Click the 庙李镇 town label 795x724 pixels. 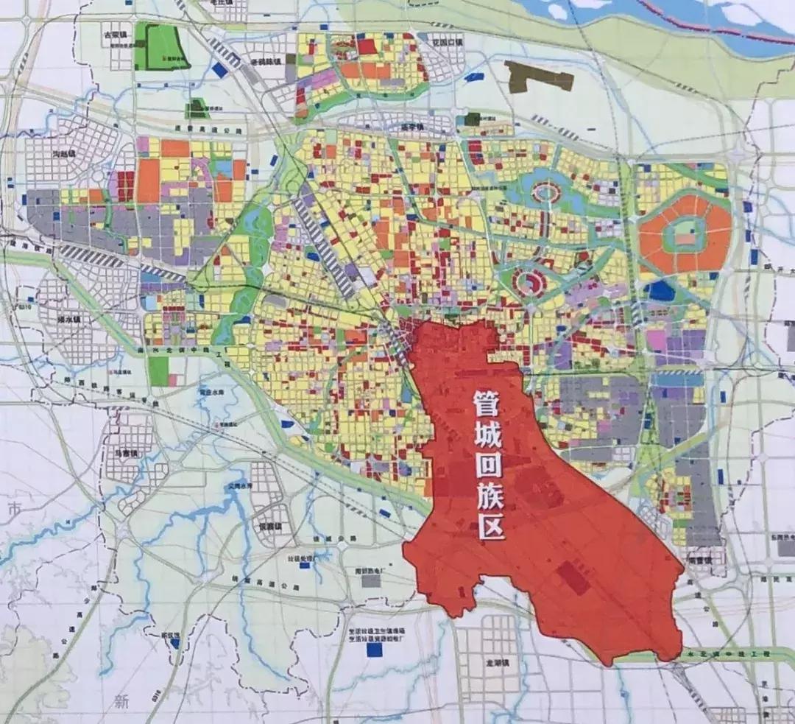[414, 127]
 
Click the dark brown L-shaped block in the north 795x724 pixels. [537, 77]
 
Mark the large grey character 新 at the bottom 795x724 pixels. [121, 701]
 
